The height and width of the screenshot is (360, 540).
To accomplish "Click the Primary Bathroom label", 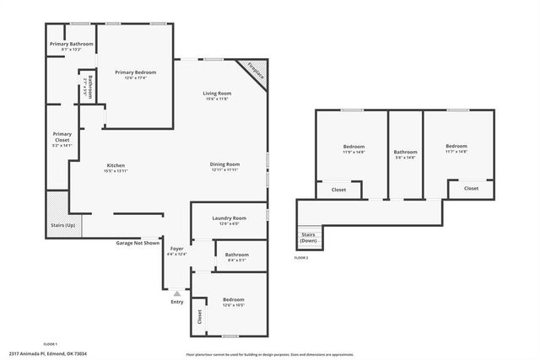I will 71,44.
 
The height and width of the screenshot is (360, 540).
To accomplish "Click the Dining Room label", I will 225,164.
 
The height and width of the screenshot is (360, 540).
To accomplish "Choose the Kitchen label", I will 116,164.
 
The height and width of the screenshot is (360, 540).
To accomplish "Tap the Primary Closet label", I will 62,137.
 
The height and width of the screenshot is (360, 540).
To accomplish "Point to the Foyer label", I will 176,249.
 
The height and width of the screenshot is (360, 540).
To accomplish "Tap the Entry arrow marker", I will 176,293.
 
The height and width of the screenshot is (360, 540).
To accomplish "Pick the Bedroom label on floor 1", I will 233,300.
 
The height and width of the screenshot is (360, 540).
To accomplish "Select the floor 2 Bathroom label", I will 405,152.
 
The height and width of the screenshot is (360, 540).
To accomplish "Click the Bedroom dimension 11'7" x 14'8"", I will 456,152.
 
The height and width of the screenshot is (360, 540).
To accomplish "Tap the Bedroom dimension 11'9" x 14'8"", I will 354,152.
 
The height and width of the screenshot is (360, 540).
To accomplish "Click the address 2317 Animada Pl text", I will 47,353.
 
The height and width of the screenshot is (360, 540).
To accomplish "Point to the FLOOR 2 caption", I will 301,257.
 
